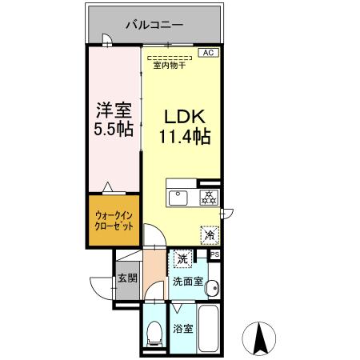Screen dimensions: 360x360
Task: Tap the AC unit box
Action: coord(207,53)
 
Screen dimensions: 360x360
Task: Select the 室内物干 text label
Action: coord(169,66)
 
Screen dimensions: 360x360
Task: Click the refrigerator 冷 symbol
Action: coord(209,235)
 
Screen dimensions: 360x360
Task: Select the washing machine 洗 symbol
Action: coord(183,259)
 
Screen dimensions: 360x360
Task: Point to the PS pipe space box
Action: coord(214,254)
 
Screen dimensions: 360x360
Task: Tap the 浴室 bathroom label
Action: coord(181,329)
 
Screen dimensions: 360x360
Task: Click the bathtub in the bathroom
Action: coord(210,328)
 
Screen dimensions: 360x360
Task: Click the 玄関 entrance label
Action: coord(128,279)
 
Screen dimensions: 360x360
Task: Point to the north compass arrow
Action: coord(260,338)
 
